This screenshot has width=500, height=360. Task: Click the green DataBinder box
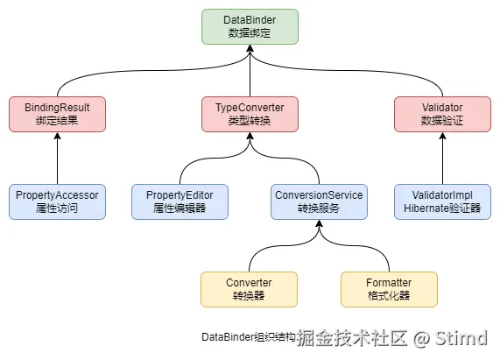click(250, 26)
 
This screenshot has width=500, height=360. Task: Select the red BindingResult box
click(57, 114)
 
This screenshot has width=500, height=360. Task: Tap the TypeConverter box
click(250, 114)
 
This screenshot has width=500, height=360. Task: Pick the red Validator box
click(442, 114)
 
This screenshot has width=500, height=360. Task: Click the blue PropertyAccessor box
click(57, 201)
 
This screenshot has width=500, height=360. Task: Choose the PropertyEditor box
click(180, 201)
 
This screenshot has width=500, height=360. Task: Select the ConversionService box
click(320, 201)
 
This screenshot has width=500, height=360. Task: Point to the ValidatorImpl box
click(442, 201)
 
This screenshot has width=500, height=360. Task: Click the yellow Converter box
click(250, 289)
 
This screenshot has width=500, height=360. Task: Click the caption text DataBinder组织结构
click(249, 337)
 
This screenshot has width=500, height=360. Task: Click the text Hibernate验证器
click(442, 208)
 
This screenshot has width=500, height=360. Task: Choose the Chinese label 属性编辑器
click(180, 208)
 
